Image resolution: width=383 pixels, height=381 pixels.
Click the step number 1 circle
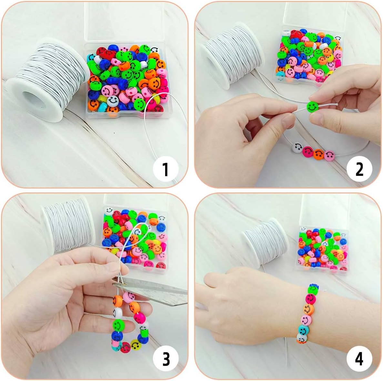tap(166, 169)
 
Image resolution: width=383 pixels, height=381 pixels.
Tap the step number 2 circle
tap(359, 169)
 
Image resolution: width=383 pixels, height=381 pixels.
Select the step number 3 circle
tap(166, 359)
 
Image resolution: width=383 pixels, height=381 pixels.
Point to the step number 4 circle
tap(359, 359)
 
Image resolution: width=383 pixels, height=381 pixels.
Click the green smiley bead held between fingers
tap(312, 107)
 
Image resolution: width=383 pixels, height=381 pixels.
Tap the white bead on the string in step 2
tap(297, 148)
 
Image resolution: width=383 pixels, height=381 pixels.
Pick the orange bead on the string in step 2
tap(318, 154)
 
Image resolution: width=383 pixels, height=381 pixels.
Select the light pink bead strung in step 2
tap(329, 156)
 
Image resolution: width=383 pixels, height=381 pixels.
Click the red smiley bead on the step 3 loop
tap(125, 347)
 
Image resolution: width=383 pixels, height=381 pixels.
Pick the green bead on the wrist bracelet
tap(312, 290)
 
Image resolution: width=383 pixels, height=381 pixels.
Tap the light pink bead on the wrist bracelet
tap(306, 320)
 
